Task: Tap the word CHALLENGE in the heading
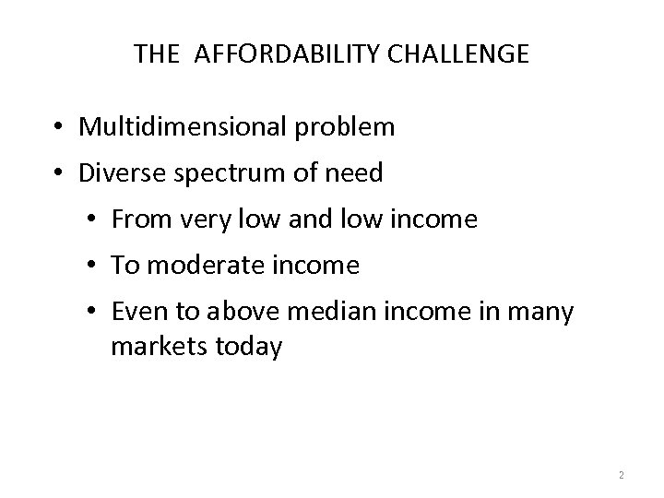(x=458, y=53)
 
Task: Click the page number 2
(x=621, y=475)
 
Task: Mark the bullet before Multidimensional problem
(x=58, y=127)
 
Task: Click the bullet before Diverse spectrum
(x=58, y=173)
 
